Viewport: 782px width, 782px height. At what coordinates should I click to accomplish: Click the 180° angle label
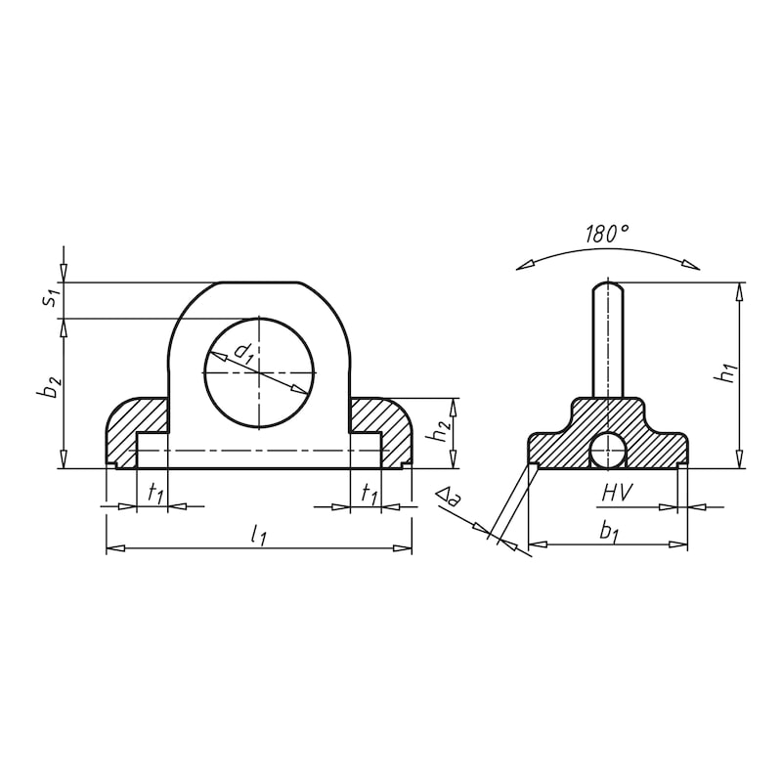(x=607, y=234)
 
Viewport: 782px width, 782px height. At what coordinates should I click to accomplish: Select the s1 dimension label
(x=50, y=298)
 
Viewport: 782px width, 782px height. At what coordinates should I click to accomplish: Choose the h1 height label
(x=724, y=372)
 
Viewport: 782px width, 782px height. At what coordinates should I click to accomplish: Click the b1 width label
(x=608, y=532)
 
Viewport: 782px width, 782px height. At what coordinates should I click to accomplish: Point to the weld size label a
(x=449, y=501)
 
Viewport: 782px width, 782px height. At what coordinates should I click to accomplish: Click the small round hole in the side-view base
(x=608, y=451)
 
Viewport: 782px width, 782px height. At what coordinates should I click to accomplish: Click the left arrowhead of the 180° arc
(x=524, y=265)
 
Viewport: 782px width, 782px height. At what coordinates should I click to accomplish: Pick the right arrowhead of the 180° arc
(x=693, y=263)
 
